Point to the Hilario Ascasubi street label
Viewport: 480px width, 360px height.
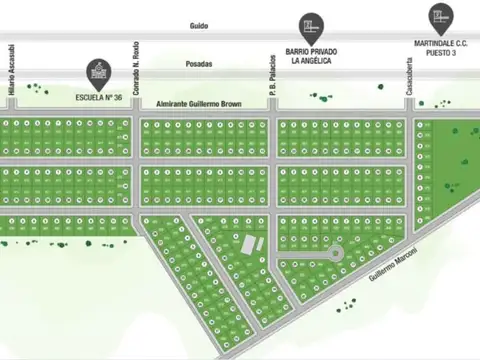pyautogui.click(x=11, y=68)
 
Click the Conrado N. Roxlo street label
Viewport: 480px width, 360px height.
pyautogui.click(x=134, y=68)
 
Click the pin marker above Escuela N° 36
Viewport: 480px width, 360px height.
pyautogui.click(x=96, y=70)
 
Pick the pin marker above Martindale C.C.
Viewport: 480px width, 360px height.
pyautogui.click(x=437, y=16)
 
